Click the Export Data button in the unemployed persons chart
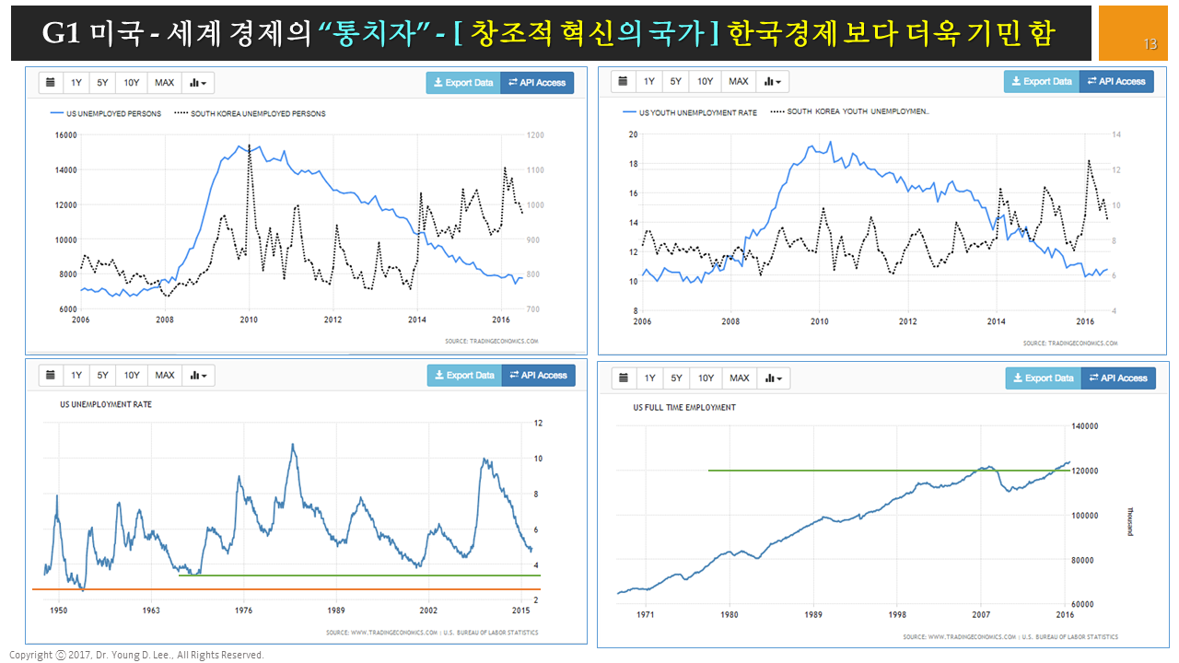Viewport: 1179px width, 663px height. coord(463,83)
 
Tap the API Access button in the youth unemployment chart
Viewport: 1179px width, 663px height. coord(1116,81)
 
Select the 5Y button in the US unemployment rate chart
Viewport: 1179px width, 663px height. coord(103,375)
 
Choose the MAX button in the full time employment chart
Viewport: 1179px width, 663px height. coord(740,378)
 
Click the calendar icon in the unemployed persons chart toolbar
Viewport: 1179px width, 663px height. coord(51,83)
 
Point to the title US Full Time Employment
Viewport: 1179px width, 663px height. coord(684,407)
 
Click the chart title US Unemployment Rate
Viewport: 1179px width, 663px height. coord(106,404)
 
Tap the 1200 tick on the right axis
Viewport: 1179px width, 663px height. coord(534,135)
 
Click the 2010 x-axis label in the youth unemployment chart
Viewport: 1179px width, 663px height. coord(819,321)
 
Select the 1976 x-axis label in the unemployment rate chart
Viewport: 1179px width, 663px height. coord(244,610)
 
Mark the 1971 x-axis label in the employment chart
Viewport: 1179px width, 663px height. coord(646,614)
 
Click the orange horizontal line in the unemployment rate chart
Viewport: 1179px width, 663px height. coord(276,589)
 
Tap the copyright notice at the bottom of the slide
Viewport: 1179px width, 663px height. coord(136,655)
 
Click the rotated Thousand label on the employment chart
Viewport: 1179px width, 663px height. coord(1130,520)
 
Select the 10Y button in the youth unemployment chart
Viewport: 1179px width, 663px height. coord(705,81)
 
